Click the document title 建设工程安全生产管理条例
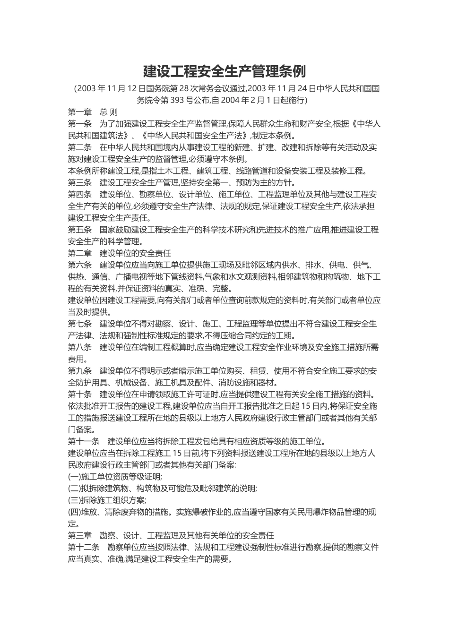(224, 71)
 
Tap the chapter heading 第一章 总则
(93, 112)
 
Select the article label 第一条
(80, 124)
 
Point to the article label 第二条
(80, 147)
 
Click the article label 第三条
(80, 182)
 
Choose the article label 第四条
(80, 194)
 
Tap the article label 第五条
(80, 230)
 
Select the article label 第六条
(80, 265)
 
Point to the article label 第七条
(80, 324)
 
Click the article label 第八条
(80, 347)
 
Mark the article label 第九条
(80, 370)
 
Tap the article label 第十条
(80, 394)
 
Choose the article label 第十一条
(84, 441)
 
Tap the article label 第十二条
(84, 547)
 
